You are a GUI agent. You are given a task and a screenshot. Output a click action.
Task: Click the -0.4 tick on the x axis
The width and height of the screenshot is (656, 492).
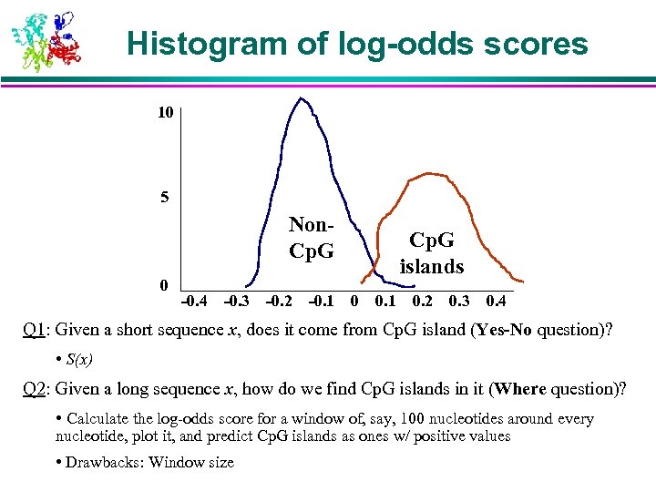193,301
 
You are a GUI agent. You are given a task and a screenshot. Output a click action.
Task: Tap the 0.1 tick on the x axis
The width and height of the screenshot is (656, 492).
384,301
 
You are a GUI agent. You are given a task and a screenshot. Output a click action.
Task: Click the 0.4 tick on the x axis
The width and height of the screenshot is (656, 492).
497,301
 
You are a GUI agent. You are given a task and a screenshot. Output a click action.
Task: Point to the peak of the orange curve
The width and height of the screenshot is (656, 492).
426,173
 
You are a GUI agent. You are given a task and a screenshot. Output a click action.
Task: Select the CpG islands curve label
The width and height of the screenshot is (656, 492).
432,253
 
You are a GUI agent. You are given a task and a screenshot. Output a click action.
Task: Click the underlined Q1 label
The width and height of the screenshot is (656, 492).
35,330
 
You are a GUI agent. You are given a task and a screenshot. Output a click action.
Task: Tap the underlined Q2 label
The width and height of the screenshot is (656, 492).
35,389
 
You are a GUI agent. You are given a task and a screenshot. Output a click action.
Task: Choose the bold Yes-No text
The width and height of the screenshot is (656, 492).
504,330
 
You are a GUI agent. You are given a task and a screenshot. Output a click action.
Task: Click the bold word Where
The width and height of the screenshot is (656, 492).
519,389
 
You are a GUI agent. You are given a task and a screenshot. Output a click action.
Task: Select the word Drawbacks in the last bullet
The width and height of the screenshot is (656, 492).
104,462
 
